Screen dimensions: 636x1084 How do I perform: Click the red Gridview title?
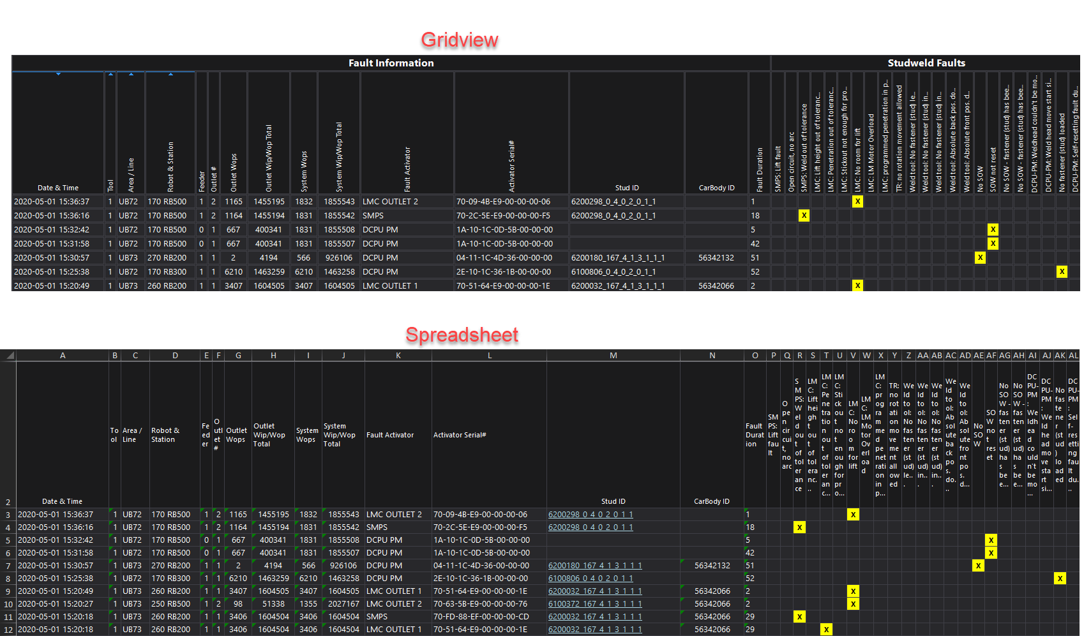pyautogui.click(x=460, y=41)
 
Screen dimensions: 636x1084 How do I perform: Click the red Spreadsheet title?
pyautogui.click(x=462, y=335)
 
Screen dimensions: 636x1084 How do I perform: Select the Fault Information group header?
pyautogui.click(x=391, y=63)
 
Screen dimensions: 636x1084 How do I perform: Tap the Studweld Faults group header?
pyautogui.click(x=926, y=63)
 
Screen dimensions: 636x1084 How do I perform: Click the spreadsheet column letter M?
pyautogui.click(x=613, y=356)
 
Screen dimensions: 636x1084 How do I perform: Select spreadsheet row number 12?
pyautogui.click(x=8, y=630)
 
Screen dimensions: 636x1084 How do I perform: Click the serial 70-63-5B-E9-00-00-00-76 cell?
pyautogui.click(x=480, y=604)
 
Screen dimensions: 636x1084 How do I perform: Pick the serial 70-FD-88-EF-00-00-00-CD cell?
pyautogui.click(x=481, y=617)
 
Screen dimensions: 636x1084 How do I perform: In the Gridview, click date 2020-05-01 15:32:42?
pyautogui.click(x=52, y=230)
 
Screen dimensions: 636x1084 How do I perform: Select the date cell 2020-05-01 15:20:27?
pyautogui.click(x=56, y=604)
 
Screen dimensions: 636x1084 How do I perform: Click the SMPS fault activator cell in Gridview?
pyautogui.click(x=373, y=216)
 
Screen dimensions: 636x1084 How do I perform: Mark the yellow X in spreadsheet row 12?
pyautogui.click(x=826, y=630)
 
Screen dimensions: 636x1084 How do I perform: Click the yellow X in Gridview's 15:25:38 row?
pyautogui.click(x=1062, y=272)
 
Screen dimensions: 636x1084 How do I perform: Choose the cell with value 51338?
pyautogui.click(x=273, y=604)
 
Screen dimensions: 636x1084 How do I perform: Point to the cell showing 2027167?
pyautogui.click(x=343, y=604)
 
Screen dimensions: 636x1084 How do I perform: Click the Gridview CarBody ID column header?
pyautogui.click(x=716, y=188)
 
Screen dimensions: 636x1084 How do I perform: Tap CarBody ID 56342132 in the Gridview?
pyautogui.click(x=716, y=258)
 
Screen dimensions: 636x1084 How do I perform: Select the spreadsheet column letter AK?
pyautogui.click(x=1060, y=356)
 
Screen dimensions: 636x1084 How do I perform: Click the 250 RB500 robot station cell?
pyautogui.click(x=170, y=604)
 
